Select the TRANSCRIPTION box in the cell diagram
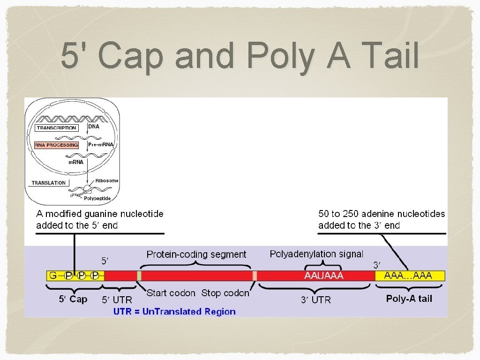click(x=56, y=127)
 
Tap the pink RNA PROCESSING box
click(x=56, y=145)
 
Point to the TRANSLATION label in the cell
click(x=49, y=183)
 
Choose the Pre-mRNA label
click(x=101, y=145)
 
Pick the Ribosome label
click(x=106, y=181)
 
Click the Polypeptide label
click(x=97, y=199)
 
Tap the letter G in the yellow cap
click(x=53, y=276)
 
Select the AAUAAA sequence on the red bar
click(x=324, y=276)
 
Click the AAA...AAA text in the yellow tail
click(x=408, y=276)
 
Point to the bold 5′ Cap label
click(x=73, y=299)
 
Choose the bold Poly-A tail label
click(x=409, y=299)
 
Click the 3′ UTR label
click(x=315, y=300)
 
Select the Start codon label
click(x=171, y=293)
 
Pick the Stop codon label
click(x=225, y=293)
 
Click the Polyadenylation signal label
click(x=316, y=254)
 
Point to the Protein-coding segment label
click(x=196, y=255)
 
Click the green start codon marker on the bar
click(x=139, y=276)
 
